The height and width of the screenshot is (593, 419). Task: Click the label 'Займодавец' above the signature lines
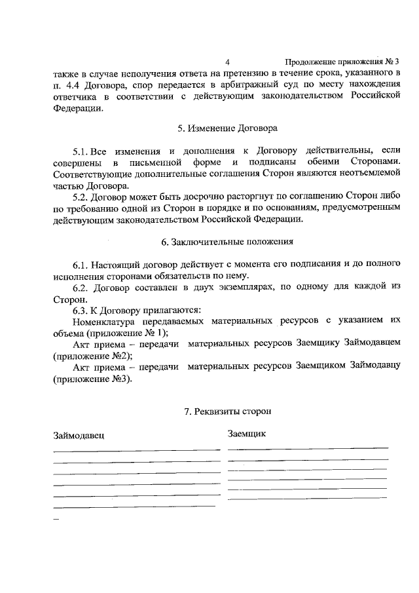click(x=78, y=435)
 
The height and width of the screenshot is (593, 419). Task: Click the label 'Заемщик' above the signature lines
click(x=247, y=434)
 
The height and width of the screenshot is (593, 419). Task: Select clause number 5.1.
click(x=82, y=152)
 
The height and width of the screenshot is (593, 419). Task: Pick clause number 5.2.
click(x=82, y=197)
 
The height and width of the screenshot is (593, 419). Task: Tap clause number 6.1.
click(x=82, y=265)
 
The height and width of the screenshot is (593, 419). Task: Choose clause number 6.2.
click(x=82, y=287)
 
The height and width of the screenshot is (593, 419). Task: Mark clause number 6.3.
click(x=82, y=310)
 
